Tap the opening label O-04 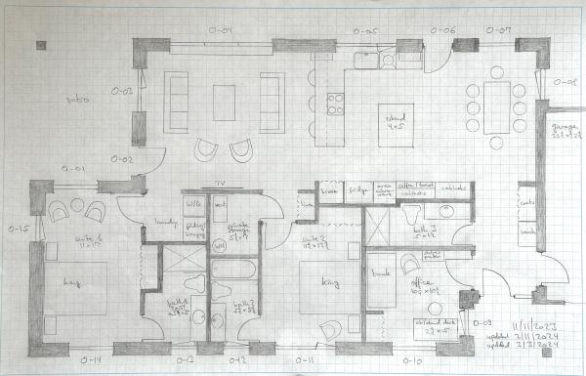click(x=224, y=31)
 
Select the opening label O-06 click(x=443, y=31)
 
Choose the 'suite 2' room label click(x=314, y=240)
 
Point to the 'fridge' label click(x=359, y=193)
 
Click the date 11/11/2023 click(x=535, y=323)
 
